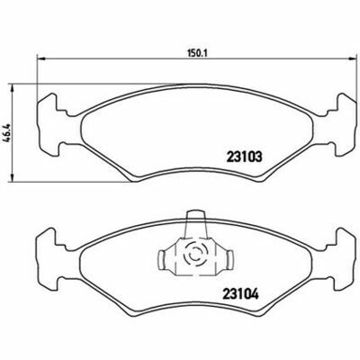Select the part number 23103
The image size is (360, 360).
click(x=245, y=157)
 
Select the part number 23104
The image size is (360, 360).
click(x=240, y=294)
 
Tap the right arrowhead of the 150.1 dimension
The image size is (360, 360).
click(x=350, y=59)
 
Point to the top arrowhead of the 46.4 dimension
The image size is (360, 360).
click(x=12, y=88)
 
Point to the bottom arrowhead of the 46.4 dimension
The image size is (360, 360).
click(x=12, y=177)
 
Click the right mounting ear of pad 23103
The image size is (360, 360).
click(x=340, y=125)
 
